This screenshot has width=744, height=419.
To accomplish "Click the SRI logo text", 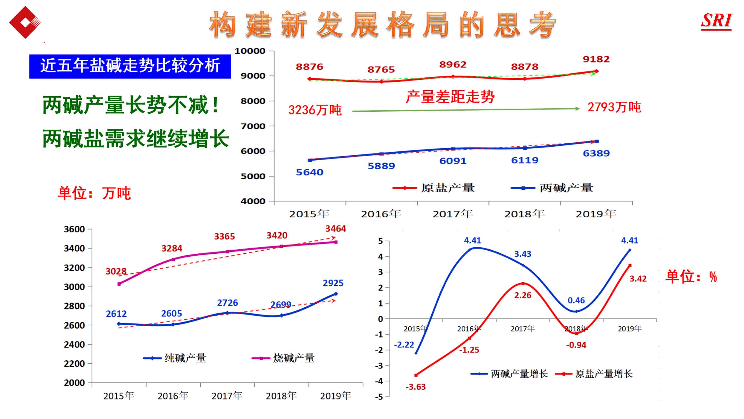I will pyautogui.click(x=716, y=21).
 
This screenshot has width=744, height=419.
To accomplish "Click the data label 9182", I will pyautogui.click(x=596, y=59).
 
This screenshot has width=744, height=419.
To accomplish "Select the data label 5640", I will pyautogui.click(x=309, y=172).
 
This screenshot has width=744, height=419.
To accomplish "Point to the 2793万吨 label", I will pyautogui.click(x=614, y=107).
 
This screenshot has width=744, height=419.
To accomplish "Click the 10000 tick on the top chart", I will pyautogui.click(x=250, y=51).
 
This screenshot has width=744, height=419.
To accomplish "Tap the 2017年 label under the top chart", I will pyautogui.click(x=453, y=214).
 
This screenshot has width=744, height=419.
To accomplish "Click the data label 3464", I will pyautogui.click(x=335, y=229).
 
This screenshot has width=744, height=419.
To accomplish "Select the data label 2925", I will pyautogui.click(x=333, y=283).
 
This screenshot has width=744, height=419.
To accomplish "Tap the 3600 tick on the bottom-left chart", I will pyautogui.click(x=74, y=230).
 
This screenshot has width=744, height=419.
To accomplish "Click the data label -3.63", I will pyautogui.click(x=415, y=387).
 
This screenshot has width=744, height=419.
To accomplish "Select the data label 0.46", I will pyautogui.click(x=576, y=300).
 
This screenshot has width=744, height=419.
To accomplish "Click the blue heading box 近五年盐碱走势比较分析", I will pyautogui.click(x=130, y=66).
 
